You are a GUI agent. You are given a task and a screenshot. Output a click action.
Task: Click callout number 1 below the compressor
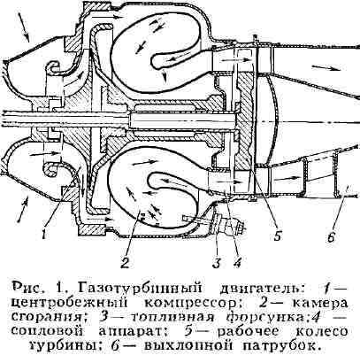[43, 234]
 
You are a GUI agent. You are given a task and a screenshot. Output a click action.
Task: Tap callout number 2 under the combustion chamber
[125, 262]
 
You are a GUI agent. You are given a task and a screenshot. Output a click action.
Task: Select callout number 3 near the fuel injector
[217, 263]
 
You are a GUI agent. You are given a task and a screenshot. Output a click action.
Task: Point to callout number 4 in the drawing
[237, 262]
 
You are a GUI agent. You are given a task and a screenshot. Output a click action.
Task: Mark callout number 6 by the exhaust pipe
[332, 236]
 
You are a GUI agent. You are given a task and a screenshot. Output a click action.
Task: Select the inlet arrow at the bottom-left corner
[23, 210]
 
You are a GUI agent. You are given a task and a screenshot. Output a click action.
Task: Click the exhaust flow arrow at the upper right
[327, 68]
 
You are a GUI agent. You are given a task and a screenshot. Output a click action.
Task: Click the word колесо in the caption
[320, 331]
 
